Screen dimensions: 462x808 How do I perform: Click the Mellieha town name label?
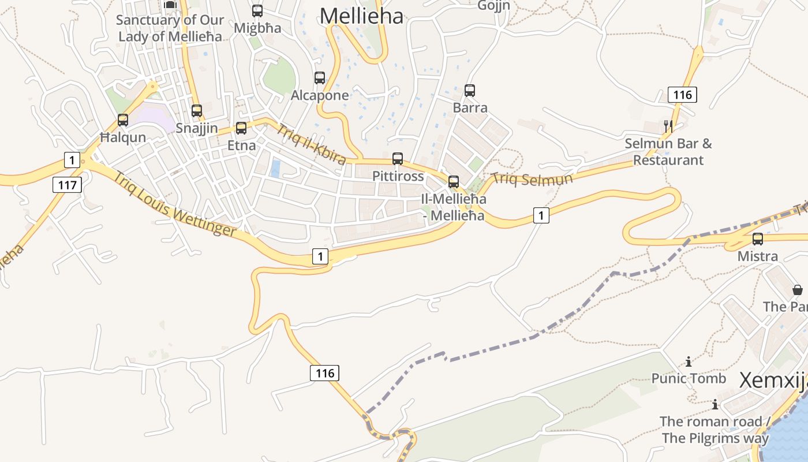coord(361,16)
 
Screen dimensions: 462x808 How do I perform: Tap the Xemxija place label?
coord(772,381)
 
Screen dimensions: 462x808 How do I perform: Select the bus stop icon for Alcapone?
coord(320,78)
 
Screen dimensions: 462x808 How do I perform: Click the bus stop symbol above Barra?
coord(470,91)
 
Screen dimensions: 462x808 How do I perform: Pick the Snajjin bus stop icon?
coord(197,111)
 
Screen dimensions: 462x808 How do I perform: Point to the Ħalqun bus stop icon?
coord(123,120)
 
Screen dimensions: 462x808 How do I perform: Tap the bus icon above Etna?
coord(241,128)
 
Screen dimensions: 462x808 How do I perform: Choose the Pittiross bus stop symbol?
coord(398,159)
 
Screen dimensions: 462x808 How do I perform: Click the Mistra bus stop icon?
coord(758,239)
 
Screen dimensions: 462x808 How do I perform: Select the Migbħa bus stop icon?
coord(257,11)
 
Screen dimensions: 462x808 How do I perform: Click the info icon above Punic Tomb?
coord(689,362)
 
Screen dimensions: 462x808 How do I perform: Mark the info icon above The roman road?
coord(715,404)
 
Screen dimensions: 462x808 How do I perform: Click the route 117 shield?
coord(67,185)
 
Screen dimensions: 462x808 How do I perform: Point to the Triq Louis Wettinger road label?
coord(174,204)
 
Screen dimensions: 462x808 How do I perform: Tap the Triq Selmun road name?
coord(532,178)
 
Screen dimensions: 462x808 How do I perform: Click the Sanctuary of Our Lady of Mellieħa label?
coord(170,28)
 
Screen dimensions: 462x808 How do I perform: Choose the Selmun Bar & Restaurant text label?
coord(668,152)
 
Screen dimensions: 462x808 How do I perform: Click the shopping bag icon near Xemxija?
coord(797,290)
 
